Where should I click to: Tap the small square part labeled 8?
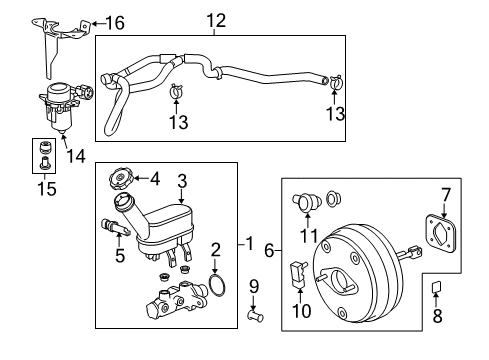(x=436, y=290)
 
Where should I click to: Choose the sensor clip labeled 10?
(x=296, y=271)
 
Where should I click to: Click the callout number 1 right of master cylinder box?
(x=253, y=244)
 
